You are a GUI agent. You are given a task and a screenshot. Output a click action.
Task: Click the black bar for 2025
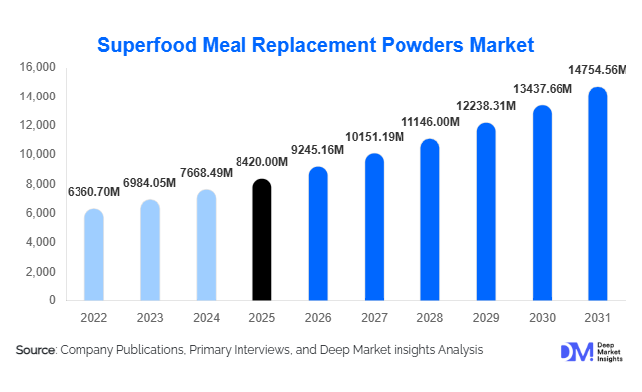pos(260,240)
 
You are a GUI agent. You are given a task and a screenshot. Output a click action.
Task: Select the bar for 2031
pos(597,194)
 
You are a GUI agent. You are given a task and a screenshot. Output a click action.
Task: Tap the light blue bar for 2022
pos(93,255)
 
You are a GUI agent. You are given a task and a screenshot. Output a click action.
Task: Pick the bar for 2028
pos(429,220)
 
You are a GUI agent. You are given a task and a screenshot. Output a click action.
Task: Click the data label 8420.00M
pos(261,162)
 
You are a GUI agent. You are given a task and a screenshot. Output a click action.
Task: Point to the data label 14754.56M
pos(596,70)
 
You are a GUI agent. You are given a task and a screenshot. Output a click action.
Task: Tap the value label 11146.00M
pos(429,122)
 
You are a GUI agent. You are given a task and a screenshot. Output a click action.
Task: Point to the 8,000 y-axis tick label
pos(41,184)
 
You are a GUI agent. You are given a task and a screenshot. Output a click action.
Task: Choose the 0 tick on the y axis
pos(52,300)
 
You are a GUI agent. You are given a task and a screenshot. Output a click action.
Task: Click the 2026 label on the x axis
pos(317,317)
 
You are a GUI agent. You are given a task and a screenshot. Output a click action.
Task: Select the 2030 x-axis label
pos(542,317)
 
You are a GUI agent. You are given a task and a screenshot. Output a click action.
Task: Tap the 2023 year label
pos(149,317)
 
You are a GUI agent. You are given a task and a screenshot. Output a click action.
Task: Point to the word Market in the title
pos(497,45)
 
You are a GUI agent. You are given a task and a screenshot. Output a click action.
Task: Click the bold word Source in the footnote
pos(36,350)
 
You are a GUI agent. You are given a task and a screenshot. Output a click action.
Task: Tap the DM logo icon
pos(574,351)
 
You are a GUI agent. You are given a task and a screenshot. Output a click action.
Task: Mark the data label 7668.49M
pos(206,172)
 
